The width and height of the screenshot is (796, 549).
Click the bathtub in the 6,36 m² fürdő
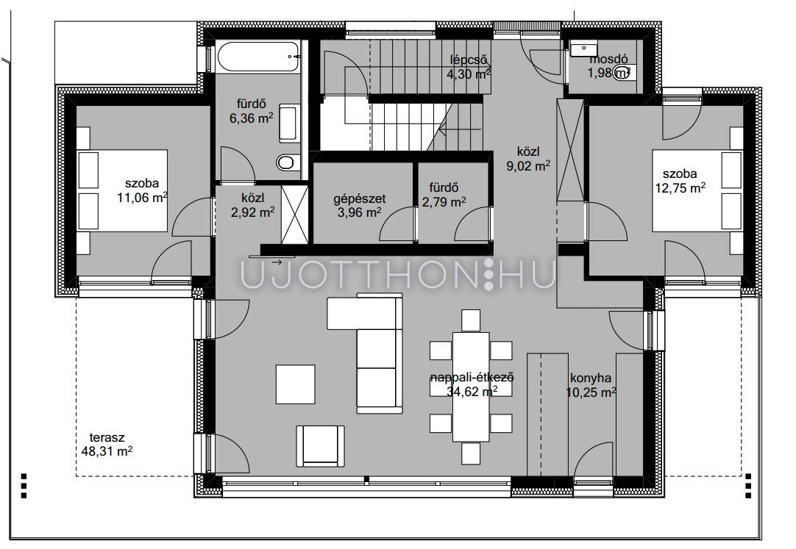pos(258,57)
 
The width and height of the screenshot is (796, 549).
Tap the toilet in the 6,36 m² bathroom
pos(285,162)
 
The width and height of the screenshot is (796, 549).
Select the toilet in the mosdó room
pos(623,73)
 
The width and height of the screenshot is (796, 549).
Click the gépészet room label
pos(360,198)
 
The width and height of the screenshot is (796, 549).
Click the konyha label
pos(591,378)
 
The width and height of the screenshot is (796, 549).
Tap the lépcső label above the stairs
pos(469,60)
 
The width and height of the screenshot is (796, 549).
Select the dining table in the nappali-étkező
pos(471,387)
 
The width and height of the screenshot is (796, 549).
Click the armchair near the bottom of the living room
pos(320,445)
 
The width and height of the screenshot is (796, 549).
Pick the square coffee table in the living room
pos(296,384)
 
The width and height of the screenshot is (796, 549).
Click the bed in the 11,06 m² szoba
pos(122,190)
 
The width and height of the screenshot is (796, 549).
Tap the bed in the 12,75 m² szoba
pos(697,190)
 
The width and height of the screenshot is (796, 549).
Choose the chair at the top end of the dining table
pos(471,320)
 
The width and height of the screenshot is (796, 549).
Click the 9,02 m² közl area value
pos(528,165)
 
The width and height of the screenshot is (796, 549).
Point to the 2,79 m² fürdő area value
pos(444,202)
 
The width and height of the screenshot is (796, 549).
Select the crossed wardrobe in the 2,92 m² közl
pos(294,215)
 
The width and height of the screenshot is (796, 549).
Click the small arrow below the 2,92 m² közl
pos(276,262)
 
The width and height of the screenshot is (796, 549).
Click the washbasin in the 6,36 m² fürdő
pos(288,123)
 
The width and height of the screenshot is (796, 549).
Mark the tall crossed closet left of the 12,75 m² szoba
pos(570,150)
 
